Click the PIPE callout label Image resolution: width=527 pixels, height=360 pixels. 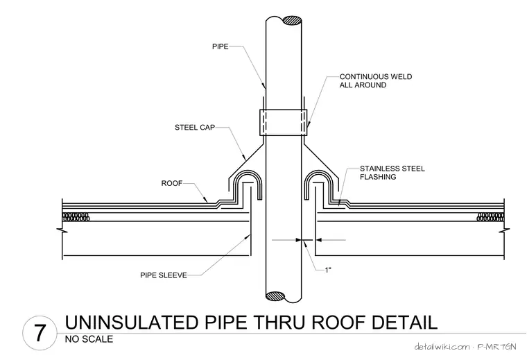click(220, 46)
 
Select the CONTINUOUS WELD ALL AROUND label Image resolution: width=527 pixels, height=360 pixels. click(375, 80)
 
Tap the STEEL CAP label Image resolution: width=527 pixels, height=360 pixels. click(195, 128)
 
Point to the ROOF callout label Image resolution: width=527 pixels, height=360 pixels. click(172, 183)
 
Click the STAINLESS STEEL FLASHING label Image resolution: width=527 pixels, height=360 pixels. click(392, 173)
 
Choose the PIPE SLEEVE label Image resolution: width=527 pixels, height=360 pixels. click(164, 275)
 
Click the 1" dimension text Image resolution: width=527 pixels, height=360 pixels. click(328, 270)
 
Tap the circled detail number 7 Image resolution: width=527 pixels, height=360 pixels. click(40, 334)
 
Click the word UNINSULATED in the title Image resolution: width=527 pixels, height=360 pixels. click(132, 322)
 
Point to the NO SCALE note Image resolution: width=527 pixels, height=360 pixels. click(89, 339)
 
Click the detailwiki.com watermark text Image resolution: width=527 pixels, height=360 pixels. click(442, 347)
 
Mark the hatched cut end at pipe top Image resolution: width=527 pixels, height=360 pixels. click(292, 20)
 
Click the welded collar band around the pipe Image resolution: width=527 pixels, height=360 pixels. click(284, 122)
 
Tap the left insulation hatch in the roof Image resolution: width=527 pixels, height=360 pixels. click(76, 217)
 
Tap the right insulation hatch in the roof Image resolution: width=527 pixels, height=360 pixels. click(491, 217)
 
